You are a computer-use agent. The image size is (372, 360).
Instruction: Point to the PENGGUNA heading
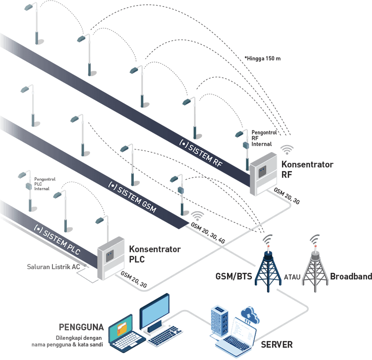click(81, 327)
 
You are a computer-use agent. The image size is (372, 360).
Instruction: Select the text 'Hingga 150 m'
click(264, 59)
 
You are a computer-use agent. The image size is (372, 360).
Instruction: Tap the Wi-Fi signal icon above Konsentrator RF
click(287, 150)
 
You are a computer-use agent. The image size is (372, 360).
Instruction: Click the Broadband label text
click(351, 277)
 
